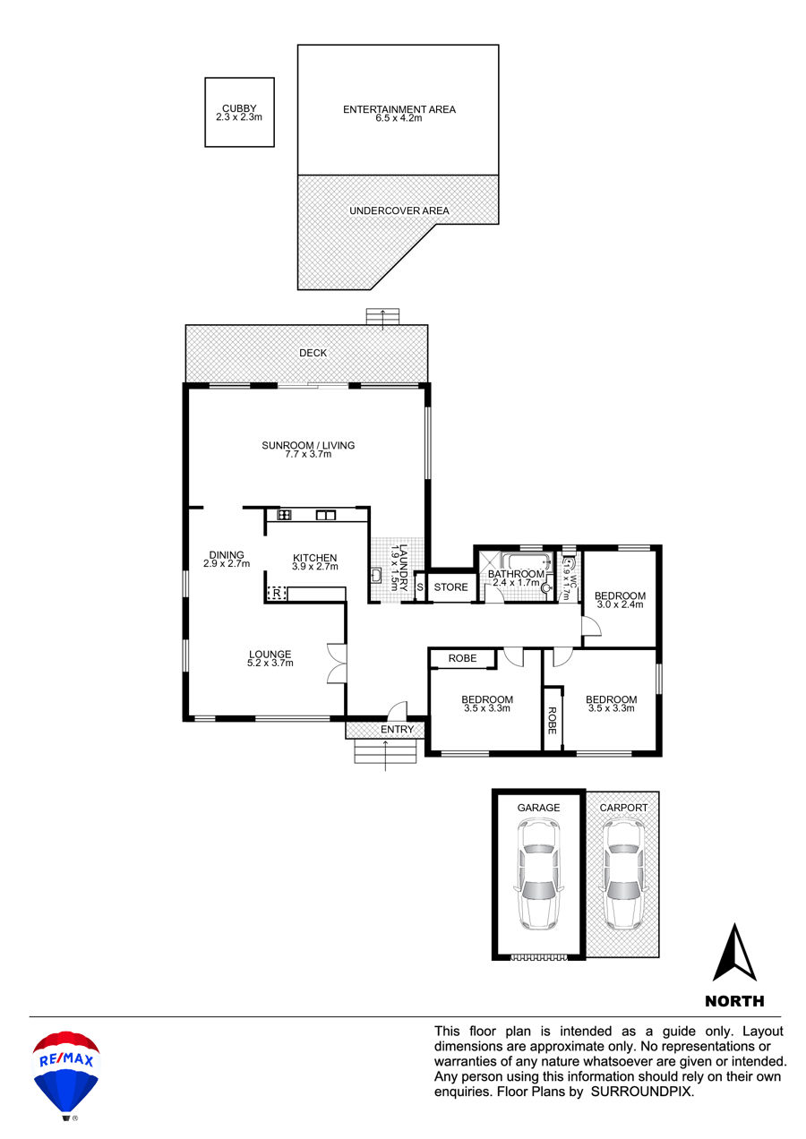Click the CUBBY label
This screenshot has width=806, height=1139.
(x=239, y=108)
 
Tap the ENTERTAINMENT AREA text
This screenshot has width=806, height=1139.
(x=399, y=109)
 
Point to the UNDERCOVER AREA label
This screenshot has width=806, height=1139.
(x=399, y=210)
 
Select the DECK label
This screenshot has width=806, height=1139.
(x=313, y=353)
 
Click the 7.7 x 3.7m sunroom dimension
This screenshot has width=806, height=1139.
(x=308, y=454)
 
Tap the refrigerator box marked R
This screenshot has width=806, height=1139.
(x=277, y=593)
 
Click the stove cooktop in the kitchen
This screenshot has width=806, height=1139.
(x=284, y=515)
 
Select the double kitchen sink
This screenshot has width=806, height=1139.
(x=326, y=515)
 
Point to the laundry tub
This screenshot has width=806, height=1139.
(x=376, y=575)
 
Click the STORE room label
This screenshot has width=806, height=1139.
(x=450, y=587)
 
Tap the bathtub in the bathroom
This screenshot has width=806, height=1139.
(x=527, y=561)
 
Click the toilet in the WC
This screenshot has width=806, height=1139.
(x=569, y=563)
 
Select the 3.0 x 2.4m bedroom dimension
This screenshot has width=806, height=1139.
(x=620, y=604)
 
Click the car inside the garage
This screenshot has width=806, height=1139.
(x=538, y=874)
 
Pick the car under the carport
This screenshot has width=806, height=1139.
(x=623, y=874)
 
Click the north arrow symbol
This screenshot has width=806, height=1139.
(x=734, y=953)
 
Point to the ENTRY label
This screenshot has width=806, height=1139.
(x=397, y=730)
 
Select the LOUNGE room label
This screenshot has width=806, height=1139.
(x=270, y=655)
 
